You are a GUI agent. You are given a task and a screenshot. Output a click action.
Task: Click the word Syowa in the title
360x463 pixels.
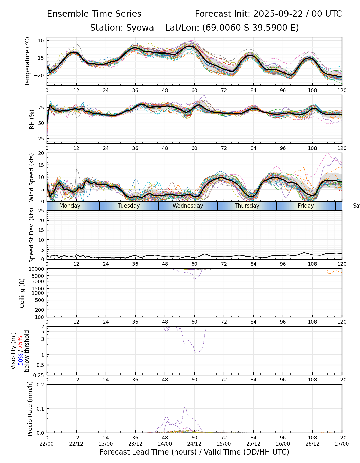tap(140, 28)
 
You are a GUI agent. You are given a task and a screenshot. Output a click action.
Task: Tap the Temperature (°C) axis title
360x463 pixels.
tap(28, 61)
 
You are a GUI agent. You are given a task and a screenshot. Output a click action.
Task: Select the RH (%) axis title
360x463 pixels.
tap(32, 119)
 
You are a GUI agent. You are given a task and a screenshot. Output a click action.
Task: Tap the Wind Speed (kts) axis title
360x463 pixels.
tap(31, 177)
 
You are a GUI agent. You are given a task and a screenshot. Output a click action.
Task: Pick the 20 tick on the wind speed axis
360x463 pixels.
tap(41, 153)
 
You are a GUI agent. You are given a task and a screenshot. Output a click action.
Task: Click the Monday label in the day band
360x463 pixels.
tap(70, 206)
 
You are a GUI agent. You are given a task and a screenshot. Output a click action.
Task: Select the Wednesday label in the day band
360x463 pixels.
tap(188, 206)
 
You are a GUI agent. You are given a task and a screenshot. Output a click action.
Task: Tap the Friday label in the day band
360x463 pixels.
tap(306, 206)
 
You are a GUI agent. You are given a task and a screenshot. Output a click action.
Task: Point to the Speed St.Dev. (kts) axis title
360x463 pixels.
tap(31, 235)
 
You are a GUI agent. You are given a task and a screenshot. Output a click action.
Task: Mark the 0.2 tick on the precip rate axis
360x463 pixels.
tap(41, 385)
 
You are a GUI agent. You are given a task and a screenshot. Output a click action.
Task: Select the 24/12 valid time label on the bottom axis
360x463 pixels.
tap(194, 444)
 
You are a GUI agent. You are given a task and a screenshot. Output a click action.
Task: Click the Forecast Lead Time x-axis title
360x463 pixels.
tap(194, 452)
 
